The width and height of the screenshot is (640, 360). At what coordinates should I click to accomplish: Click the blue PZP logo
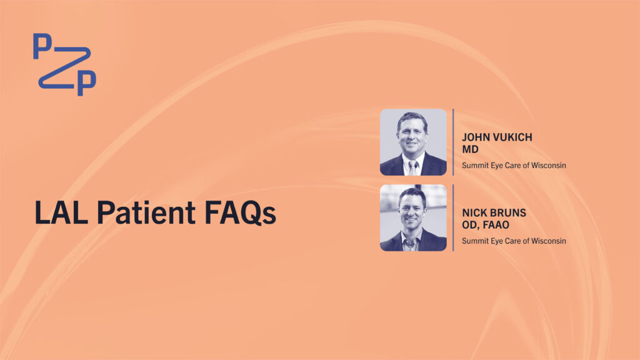(x=64, y=64)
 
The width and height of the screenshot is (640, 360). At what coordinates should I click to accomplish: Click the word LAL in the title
(x=61, y=212)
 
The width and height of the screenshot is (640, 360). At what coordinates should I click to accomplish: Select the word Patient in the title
(x=146, y=212)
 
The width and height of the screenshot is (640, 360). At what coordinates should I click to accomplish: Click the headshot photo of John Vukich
(x=413, y=142)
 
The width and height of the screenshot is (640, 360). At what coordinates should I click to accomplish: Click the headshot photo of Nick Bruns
(x=413, y=217)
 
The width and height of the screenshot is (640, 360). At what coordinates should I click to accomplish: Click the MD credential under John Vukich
(x=470, y=149)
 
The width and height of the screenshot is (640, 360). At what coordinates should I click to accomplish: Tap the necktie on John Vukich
(x=412, y=167)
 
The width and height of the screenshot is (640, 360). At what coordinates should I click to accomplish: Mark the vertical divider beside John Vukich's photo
(x=454, y=142)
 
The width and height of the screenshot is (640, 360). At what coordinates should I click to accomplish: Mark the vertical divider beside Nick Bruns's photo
(x=454, y=217)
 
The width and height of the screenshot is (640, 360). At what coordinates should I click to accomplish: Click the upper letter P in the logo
(x=42, y=46)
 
